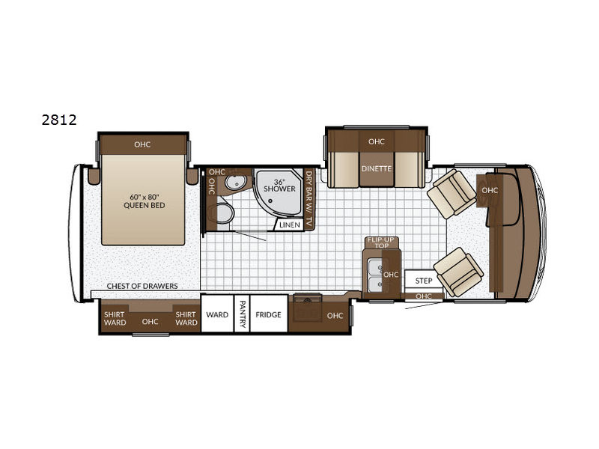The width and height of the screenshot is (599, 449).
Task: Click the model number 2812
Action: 59,120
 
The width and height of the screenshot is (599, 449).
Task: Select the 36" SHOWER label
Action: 279,185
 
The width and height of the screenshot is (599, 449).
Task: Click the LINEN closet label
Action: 290,225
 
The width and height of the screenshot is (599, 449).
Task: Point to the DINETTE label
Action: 377,168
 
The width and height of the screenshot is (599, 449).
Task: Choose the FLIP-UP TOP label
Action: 381,242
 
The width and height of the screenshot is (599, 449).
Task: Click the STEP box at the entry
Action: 423,281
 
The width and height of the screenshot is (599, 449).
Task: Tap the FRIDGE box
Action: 269,314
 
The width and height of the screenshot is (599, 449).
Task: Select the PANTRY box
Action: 242,314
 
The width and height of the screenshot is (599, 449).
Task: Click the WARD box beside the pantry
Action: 217,314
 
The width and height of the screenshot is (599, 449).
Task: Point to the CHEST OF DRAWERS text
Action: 142,286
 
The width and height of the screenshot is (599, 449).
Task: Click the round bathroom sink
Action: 235,183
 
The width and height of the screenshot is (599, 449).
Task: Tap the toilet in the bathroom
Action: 224,214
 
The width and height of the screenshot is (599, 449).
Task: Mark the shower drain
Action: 270,200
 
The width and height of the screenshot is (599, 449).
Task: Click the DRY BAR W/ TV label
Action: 308,199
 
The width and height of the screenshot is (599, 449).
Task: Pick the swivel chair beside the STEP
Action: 458,272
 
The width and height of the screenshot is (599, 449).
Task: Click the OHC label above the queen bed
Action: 142,144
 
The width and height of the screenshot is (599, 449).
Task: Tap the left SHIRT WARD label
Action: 115,319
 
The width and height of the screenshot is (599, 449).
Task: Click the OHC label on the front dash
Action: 490,190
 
